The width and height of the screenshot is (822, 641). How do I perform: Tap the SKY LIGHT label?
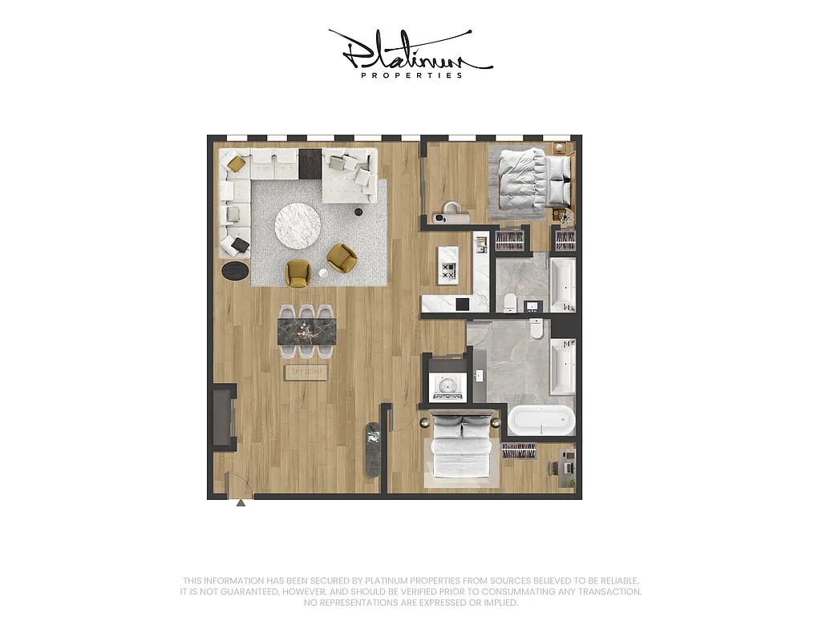click(x=306, y=372)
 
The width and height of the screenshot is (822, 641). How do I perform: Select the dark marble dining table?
click(x=307, y=332)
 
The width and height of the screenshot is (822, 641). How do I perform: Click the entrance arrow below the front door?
click(x=240, y=503)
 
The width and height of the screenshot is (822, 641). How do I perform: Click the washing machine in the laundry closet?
click(x=445, y=389)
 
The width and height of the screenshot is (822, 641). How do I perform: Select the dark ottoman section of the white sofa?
click(x=310, y=164)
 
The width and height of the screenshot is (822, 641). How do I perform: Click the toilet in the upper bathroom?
click(x=510, y=301)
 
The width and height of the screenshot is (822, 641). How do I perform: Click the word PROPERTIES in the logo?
click(x=411, y=75)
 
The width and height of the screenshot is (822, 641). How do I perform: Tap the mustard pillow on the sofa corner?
click(x=236, y=163)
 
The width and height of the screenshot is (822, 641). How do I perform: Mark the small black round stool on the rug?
click(x=358, y=212)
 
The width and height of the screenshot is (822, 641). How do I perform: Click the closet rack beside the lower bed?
click(x=519, y=452)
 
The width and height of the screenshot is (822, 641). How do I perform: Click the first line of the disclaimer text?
click(x=411, y=581)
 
